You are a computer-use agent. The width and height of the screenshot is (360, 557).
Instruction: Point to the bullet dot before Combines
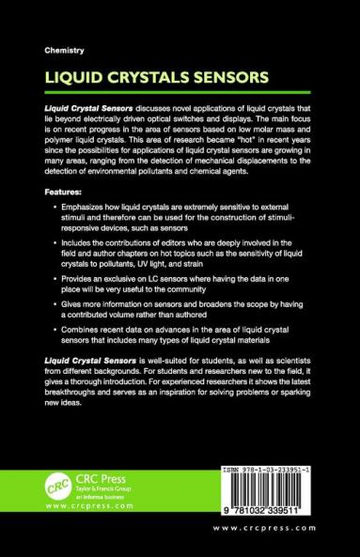[x=50, y=348]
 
